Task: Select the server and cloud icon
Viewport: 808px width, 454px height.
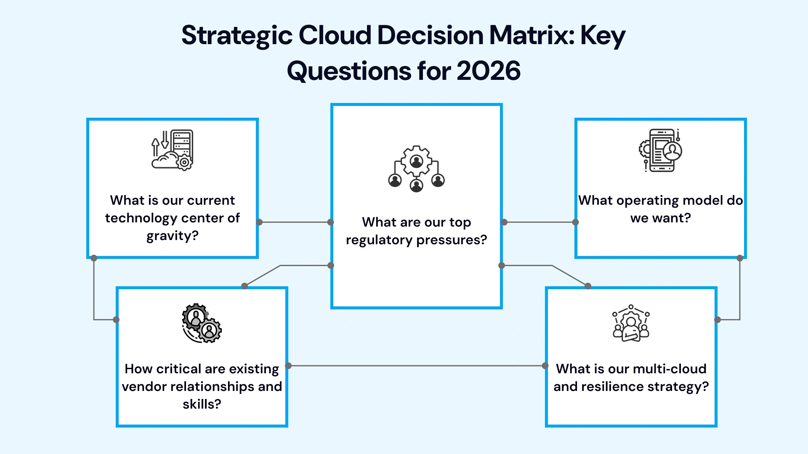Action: [172, 150]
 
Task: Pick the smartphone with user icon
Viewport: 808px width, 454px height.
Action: [660, 150]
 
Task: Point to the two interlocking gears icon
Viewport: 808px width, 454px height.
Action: [202, 323]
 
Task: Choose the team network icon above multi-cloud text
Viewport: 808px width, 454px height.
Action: [631, 323]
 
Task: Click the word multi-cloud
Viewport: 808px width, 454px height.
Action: [670, 369]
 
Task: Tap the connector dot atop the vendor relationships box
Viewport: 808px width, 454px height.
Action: [245, 286]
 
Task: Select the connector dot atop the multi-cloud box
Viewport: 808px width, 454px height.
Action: [588, 286]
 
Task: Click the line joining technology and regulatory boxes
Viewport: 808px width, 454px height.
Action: [295, 222]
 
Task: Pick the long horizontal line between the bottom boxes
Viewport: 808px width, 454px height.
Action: [417, 366]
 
